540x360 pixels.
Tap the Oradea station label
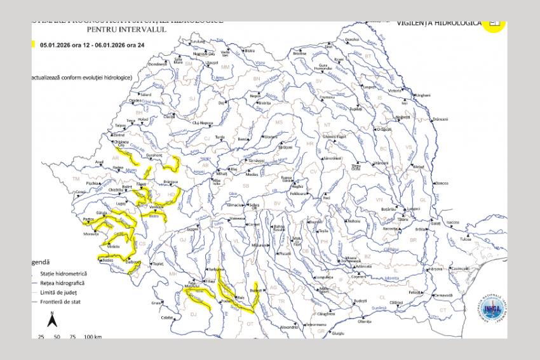(135, 100)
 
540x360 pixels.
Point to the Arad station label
(98, 162)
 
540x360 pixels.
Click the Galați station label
(435, 223)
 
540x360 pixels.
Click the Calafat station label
(167, 317)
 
